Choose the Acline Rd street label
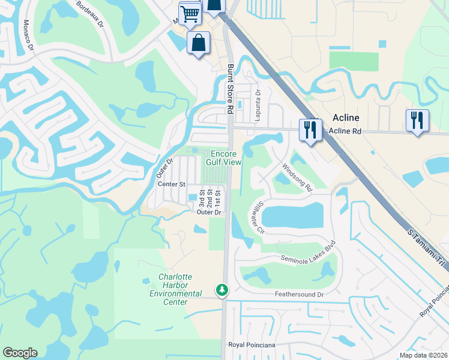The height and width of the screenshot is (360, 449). click(345, 131)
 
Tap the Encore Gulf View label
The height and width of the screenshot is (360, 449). click(224, 157)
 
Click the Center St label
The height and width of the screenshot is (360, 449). click(172, 184)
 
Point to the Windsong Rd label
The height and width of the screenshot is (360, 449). click(298, 178)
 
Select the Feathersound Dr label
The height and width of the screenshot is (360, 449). click(299, 295)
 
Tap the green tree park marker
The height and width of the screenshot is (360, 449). click(222, 290)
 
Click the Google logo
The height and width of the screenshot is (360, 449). click(20, 353)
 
